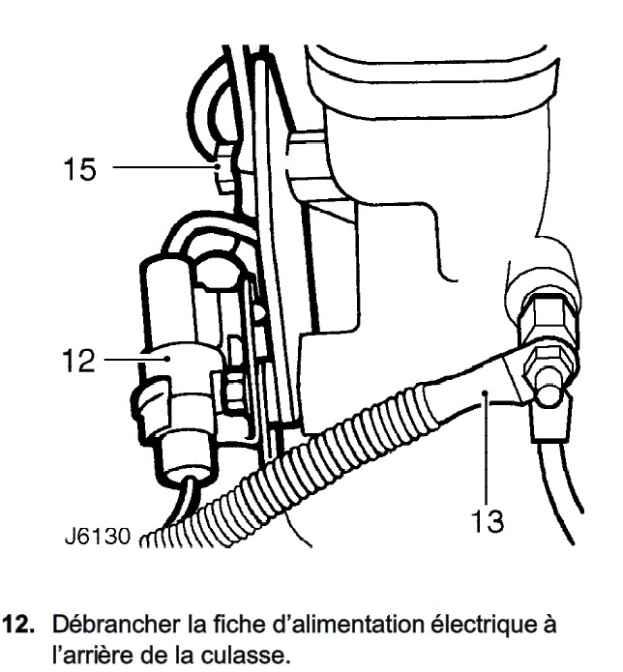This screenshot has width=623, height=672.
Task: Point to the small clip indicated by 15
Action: pyautogui.click(x=225, y=174)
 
